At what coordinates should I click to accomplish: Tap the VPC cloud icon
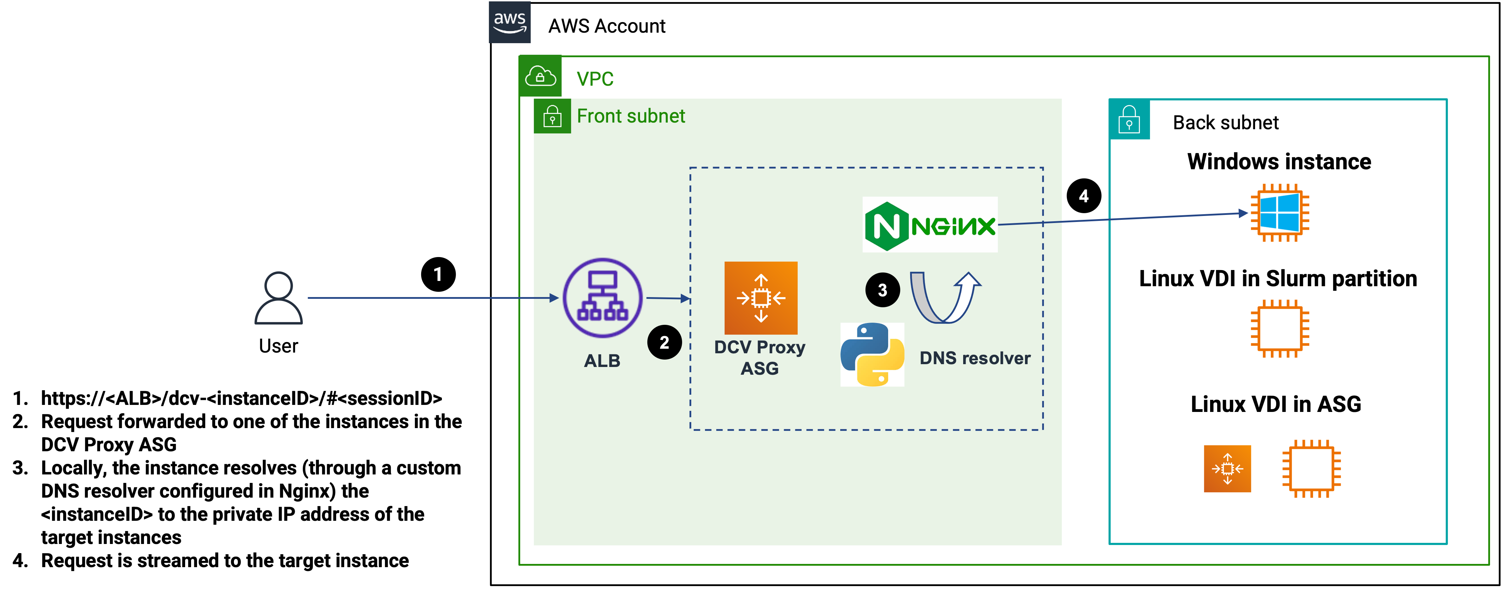pyautogui.click(x=540, y=76)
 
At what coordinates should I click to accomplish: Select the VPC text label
pyautogui.click(x=595, y=79)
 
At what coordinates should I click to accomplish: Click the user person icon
pyautogui.click(x=278, y=297)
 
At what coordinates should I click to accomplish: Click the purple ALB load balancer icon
pyautogui.click(x=602, y=298)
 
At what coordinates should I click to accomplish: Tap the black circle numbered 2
pyautogui.click(x=664, y=342)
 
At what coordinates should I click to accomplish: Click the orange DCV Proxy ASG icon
pyautogui.click(x=760, y=298)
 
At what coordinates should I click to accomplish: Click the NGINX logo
pyautogui.click(x=929, y=224)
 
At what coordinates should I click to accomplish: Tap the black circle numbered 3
pyautogui.click(x=882, y=290)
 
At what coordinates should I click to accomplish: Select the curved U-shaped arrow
pyautogui.click(x=945, y=298)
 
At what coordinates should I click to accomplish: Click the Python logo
pyautogui.click(x=872, y=354)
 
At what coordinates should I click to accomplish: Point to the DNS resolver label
pyautogui.click(x=974, y=358)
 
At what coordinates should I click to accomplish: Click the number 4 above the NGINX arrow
pyautogui.click(x=1083, y=196)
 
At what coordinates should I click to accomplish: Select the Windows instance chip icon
pyautogui.click(x=1279, y=213)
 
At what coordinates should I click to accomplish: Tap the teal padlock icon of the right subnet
pyautogui.click(x=1129, y=119)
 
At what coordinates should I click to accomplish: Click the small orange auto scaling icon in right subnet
pyautogui.click(x=1227, y=468)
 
